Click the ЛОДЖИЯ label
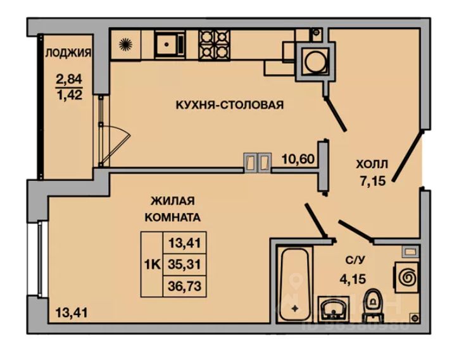tap(67, 53)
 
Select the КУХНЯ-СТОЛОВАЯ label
tap(229, 104)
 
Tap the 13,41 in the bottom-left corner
tap(72, 311)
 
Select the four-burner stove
tap(216, 44)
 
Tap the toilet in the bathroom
tap(374, 305)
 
